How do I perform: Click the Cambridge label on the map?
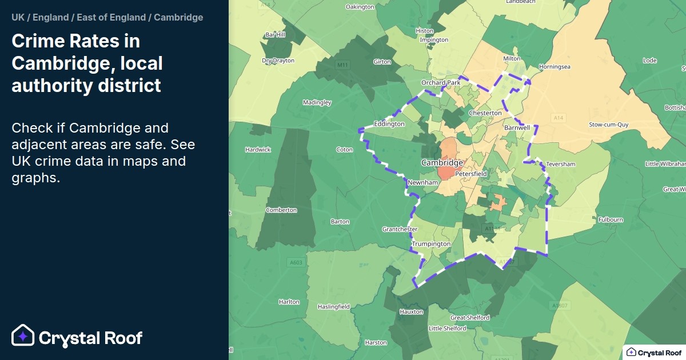point(442,163)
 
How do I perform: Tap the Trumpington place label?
point(431,244)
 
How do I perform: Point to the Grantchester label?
point(400,229)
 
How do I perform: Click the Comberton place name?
point(281,210)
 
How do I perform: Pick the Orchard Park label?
point(440,83)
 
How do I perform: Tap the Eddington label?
point(389,124)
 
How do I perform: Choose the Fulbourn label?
point(610,219)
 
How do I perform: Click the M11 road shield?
point(342,65)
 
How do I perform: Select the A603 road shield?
point(296,262)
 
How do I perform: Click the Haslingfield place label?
point(333,307)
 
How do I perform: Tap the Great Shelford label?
point(470,318)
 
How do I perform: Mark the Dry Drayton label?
point(278,61)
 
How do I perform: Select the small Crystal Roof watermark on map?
point(654,352)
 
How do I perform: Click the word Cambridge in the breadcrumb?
point(178,17)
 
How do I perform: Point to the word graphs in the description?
point(35,178)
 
